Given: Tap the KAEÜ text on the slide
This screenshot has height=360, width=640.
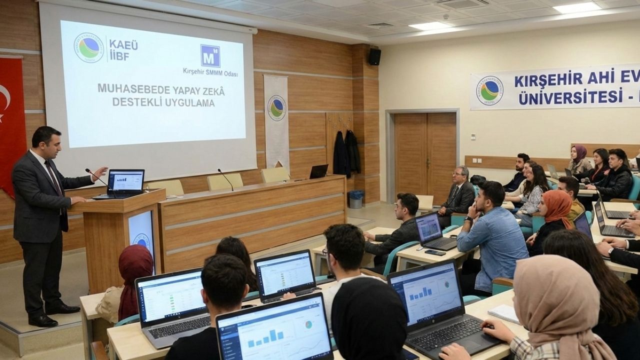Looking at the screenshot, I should [123, 44].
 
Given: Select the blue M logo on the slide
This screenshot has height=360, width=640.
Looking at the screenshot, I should [210, 55].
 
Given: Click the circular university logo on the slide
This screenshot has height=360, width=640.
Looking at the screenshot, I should [88, 48].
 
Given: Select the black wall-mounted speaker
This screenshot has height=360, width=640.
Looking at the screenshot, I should [374, 56].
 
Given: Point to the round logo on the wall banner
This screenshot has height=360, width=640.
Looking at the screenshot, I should [489, 90].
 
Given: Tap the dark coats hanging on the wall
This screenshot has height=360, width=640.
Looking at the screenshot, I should [346, 153].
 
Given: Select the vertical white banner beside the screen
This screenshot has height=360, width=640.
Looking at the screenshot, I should [276, 120].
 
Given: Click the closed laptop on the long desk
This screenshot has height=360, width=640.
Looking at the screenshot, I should [318, 171].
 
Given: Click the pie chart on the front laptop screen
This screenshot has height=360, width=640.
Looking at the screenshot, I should [308, 325].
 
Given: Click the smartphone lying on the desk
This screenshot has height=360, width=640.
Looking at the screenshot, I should [435, 252].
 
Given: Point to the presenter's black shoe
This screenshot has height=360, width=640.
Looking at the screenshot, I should [43, 320].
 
